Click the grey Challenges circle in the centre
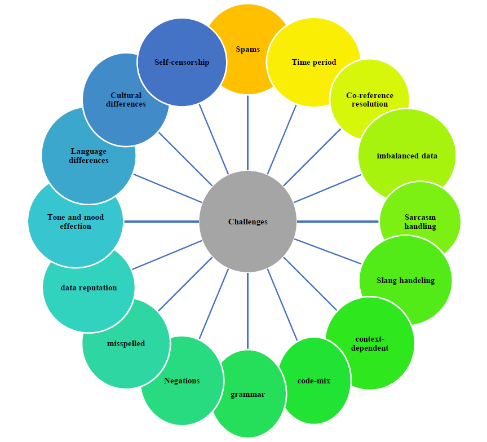248,222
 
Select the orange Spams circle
248,49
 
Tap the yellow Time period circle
313,62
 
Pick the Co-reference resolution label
370,100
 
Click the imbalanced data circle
407,156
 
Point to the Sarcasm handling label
420,222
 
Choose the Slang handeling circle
405,280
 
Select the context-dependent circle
370,343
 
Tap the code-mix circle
314,381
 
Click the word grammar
248,394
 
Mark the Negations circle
181,381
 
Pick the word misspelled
126,343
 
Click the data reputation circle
88,288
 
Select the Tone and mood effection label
76,222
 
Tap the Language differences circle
88,156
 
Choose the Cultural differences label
126,100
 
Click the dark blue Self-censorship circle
181,62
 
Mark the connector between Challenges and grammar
248,310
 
